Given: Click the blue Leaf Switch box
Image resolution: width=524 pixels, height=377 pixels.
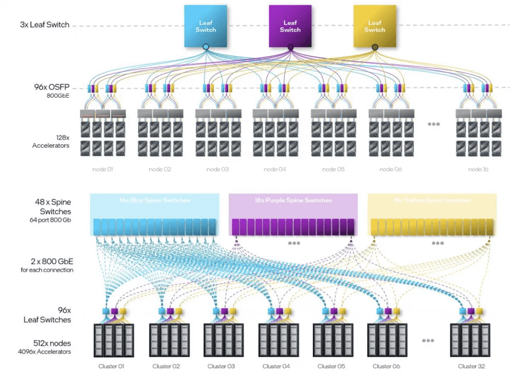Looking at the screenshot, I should click(x=206, y=26).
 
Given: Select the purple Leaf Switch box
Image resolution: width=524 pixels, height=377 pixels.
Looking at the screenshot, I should click(x=290, y=26).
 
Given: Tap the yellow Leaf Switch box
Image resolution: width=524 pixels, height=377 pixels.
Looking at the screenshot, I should click(x=375, y=26).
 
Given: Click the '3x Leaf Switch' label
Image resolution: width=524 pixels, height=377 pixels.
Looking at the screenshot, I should click(x=45, y=25).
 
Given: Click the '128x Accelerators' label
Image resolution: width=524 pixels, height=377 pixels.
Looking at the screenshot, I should click(x=50, y=141).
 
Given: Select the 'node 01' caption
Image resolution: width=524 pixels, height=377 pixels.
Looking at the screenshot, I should click(x=102, y=170).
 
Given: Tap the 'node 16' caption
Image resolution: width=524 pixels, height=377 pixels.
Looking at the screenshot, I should click(x=478, y=170).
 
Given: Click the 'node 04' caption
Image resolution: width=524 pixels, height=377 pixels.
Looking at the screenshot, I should click(x=275, y=170).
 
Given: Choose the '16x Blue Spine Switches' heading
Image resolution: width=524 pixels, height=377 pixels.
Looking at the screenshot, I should click(x=154, y=200).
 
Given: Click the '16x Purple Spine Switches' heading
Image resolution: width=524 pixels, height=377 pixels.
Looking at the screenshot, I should click(x=293, y=200).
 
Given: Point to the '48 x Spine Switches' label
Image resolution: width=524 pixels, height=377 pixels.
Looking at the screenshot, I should click(x=55, y=207).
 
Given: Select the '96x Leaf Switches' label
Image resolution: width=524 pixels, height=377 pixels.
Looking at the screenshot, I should click(x=54, y=315).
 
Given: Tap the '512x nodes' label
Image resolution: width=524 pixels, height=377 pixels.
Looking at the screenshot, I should click(x=51, y=343).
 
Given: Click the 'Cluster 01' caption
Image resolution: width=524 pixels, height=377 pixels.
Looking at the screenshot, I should click(x=111, y=366).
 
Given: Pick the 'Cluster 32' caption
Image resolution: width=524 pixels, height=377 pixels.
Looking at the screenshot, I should click(x=471, y=366).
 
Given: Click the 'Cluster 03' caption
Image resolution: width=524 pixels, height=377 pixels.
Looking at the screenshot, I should click(x=221, y=366).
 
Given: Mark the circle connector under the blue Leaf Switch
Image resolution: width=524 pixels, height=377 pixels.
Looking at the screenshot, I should click(x=206, y=47).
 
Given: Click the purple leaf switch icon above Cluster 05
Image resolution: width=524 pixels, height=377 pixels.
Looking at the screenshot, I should click(x=334, y=311).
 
